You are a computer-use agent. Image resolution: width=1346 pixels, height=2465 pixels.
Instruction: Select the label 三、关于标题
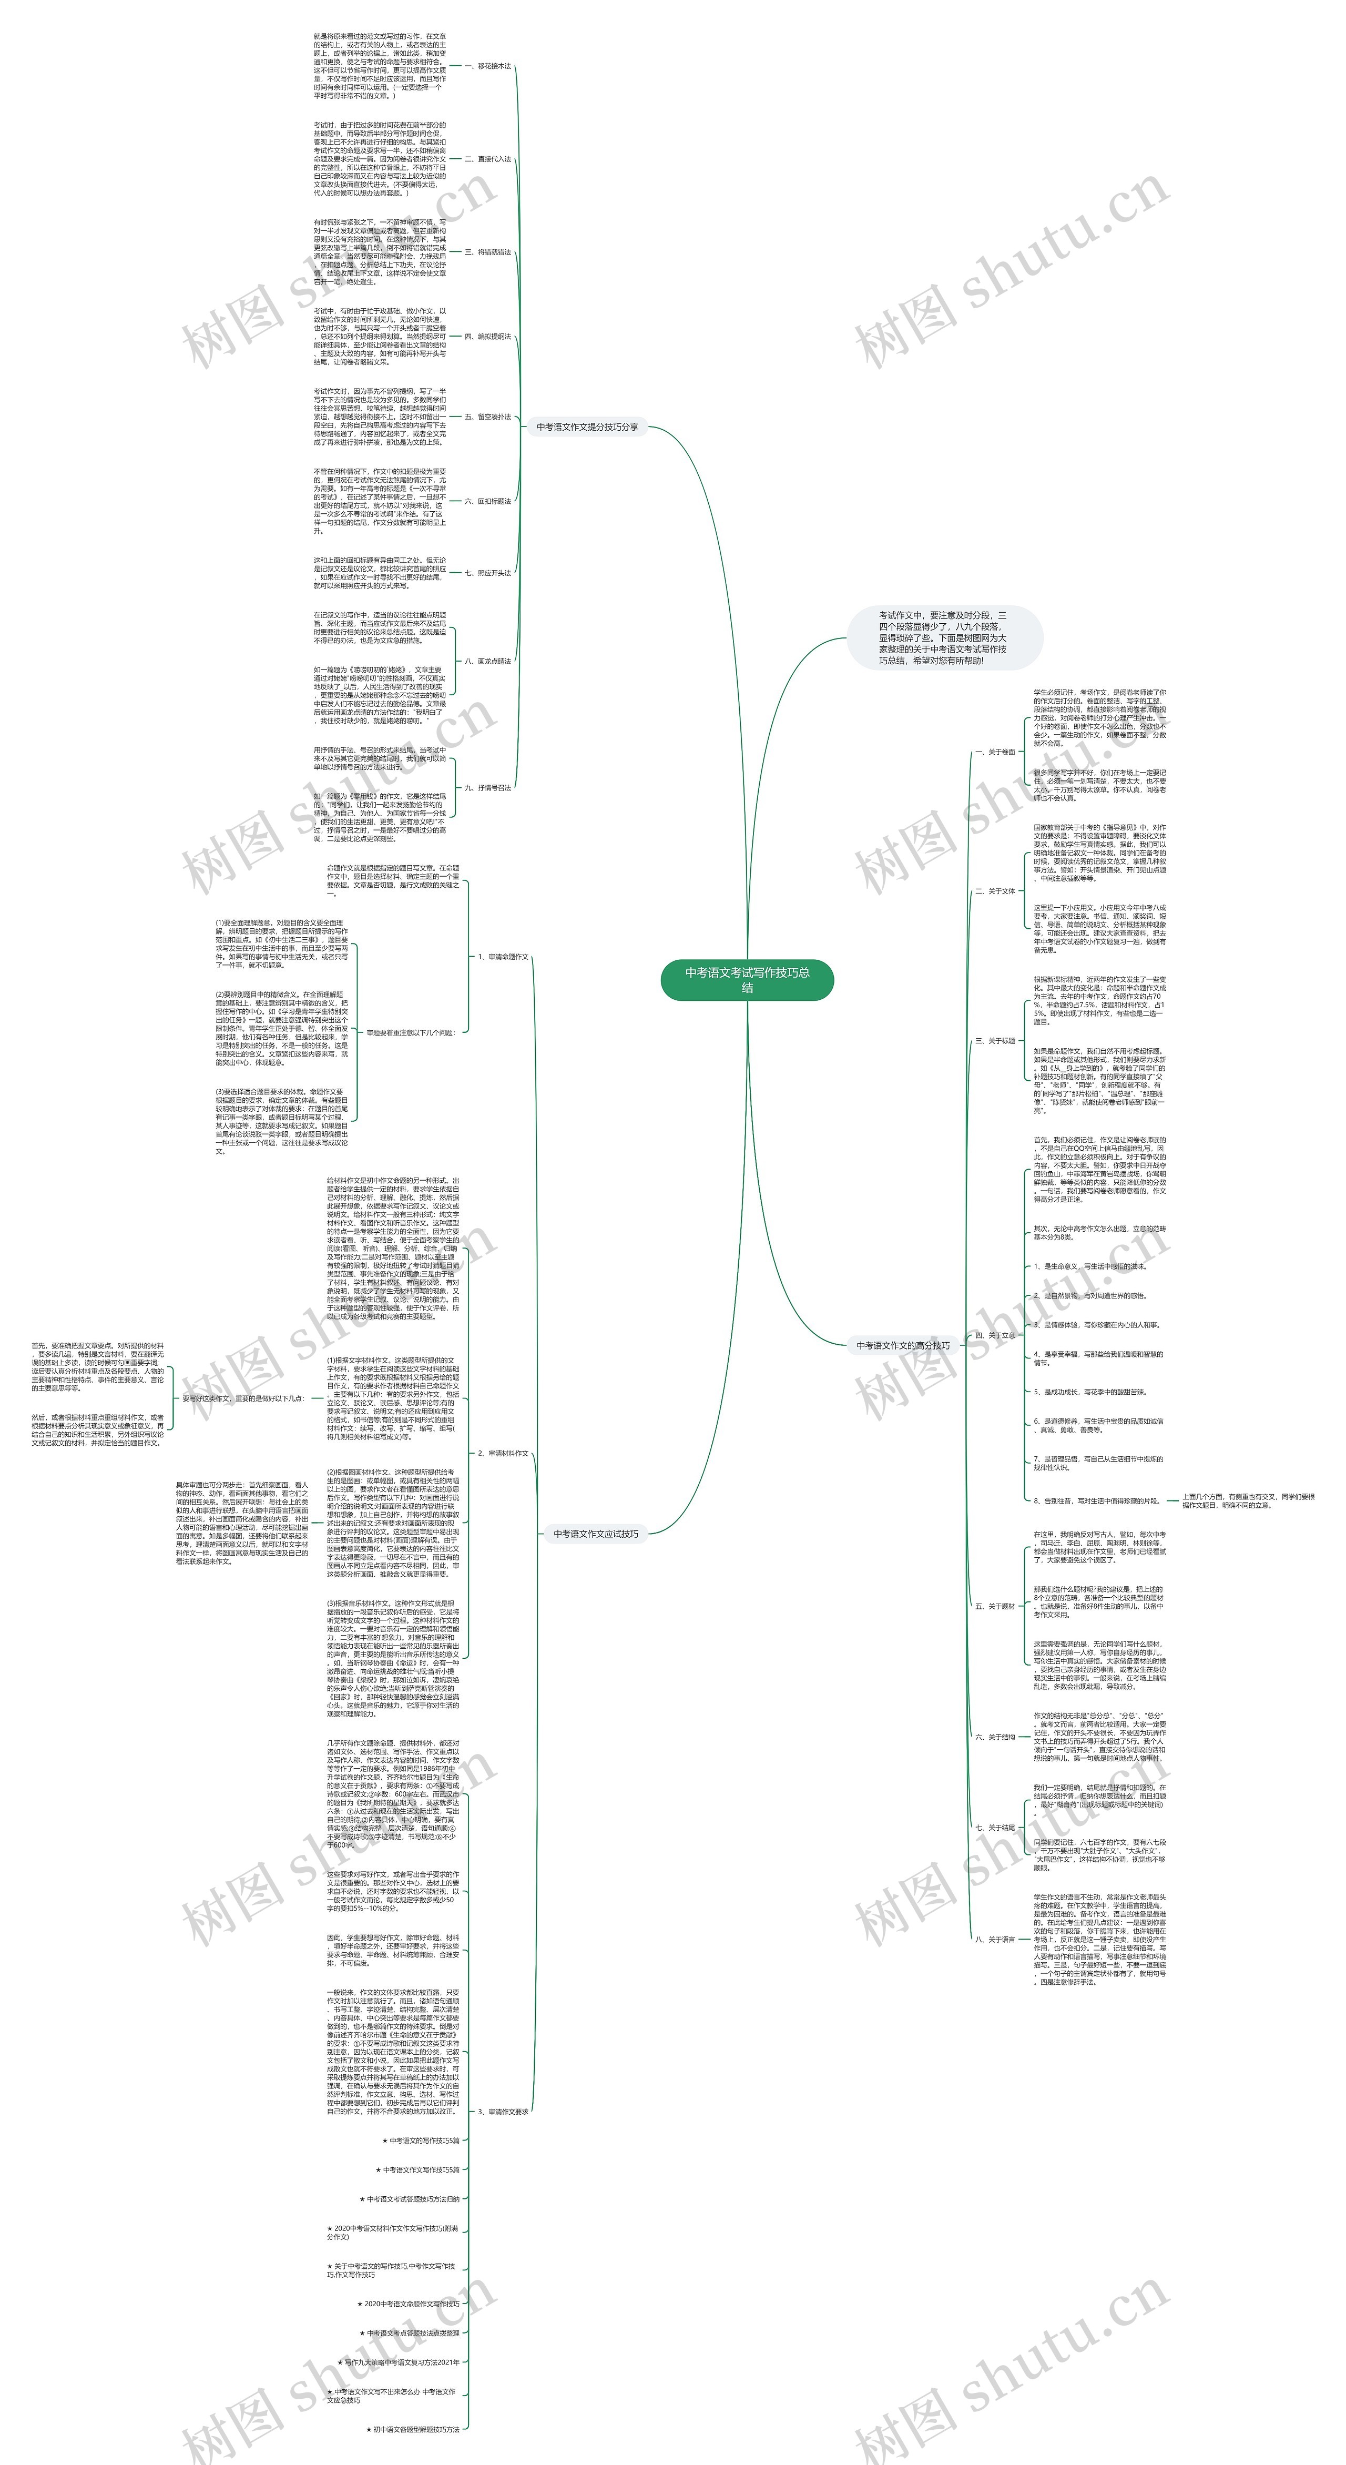pyautogui.click(x=995, y=1040)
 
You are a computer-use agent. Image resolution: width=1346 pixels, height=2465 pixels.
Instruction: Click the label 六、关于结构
pyautogui.click(x=995, y=1736)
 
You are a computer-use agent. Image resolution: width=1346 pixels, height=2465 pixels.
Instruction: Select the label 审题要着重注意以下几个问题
pyautogui.click(x=411, y=1032)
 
